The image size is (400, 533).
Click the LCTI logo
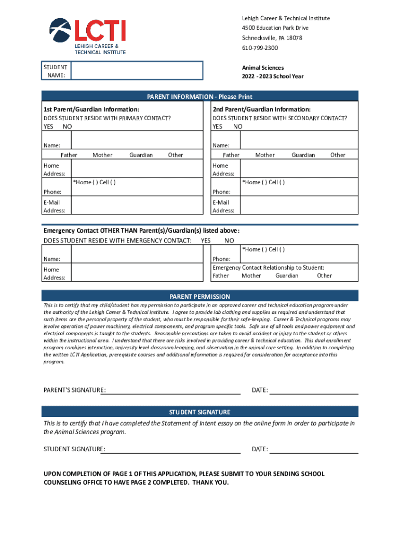[87, 35]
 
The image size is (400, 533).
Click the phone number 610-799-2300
[260, 48]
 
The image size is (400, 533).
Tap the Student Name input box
[137, 71]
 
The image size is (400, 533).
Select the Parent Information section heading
[199, 97]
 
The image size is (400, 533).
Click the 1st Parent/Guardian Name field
[136, 141]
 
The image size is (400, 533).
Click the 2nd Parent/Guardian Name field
[299, 141]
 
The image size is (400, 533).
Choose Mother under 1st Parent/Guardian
[102, 155]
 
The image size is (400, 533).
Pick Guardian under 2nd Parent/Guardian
[303, 155]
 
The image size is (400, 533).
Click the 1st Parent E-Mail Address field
[136, 205]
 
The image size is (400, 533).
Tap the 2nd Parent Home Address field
[299, 169]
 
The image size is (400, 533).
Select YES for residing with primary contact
[48, 127]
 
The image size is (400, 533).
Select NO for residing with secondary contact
[238, 127]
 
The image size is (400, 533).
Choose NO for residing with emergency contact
[229, 241]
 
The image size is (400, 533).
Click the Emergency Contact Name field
[136, 254]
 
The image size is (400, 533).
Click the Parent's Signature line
[172, 390]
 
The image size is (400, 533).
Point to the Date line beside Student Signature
[314, 449]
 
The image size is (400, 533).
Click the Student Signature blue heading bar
[199, 412]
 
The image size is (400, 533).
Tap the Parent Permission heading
[199, 296]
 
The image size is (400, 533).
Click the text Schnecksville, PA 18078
[272, 38]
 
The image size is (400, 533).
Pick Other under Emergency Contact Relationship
[325, 276]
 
